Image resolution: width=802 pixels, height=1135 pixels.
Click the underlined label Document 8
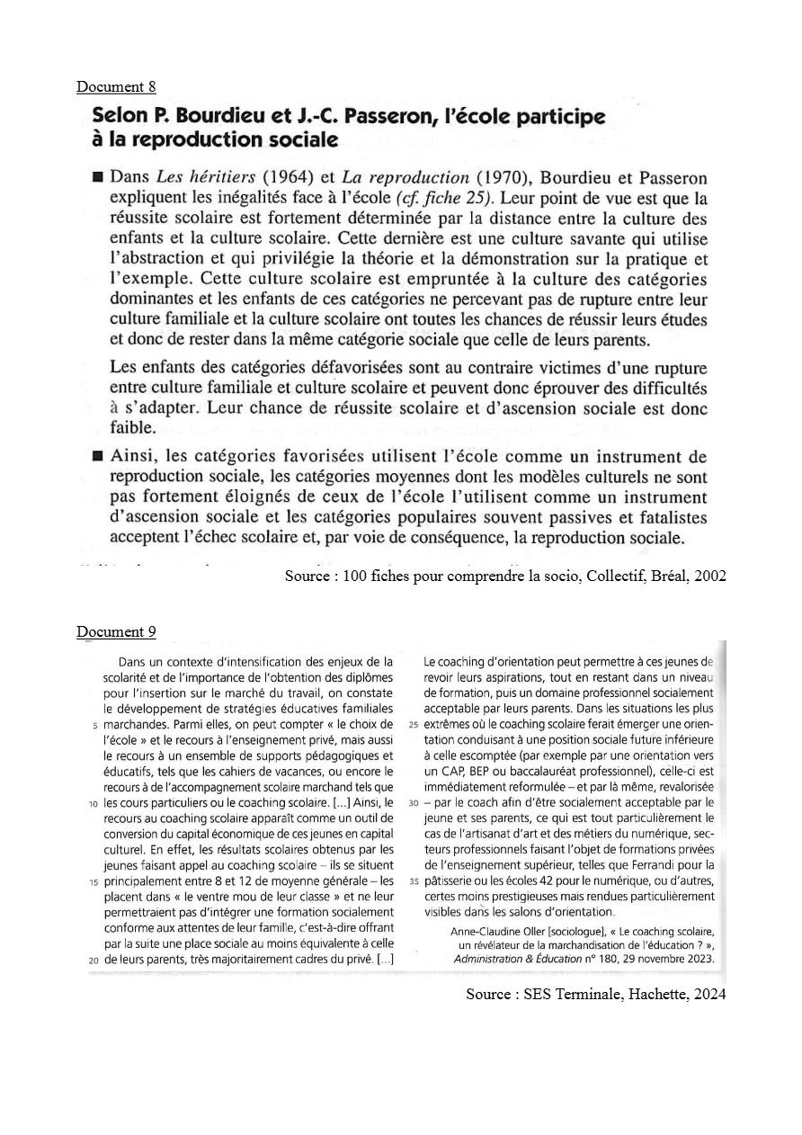(116, 87)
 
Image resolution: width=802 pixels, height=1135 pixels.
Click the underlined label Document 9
(116, 631)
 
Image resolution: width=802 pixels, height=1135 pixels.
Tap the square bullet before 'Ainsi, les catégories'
(98, 458)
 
